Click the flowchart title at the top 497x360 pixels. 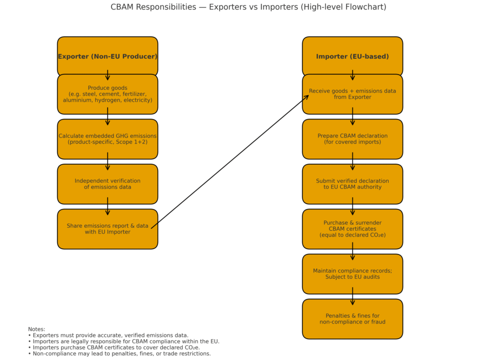pos(248,7)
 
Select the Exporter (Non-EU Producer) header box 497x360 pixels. pos(107,56)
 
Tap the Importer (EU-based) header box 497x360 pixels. pos(352,56)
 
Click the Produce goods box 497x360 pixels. pos(107,94)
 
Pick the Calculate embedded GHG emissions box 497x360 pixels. pos(107,139)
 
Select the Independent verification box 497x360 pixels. pos(107,184)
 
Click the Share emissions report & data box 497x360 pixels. pos(107,229)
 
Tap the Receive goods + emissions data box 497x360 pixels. pos(352,94)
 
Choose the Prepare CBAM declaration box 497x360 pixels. pos(352,139)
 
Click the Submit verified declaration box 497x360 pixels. pos(352,184)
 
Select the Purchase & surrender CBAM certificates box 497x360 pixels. pos(352,229)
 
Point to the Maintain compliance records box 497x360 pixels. pos(352,274)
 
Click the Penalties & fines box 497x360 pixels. pos(352,319)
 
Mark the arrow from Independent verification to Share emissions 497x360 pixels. pos(107,206)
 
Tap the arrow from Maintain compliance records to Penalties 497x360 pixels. pos(352,296)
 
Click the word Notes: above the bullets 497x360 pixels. pos(36,329)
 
